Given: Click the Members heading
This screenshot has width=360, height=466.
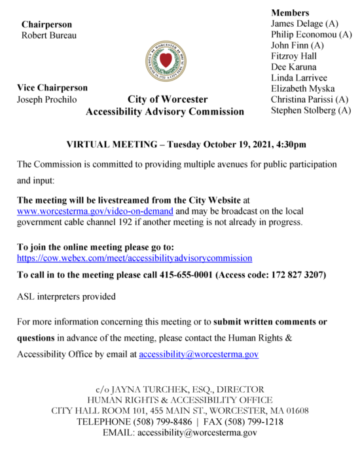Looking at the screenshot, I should click(290, 12).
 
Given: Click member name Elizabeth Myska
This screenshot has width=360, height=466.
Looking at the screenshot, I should click(303, 89).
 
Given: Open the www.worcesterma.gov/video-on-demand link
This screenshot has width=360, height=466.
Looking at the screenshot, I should click(95, 211).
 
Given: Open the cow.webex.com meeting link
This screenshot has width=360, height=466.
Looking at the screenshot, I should click(134, 259).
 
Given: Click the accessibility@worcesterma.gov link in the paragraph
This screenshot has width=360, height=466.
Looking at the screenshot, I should click(198, 354).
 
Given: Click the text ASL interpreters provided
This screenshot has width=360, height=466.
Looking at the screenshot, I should click(66, 296).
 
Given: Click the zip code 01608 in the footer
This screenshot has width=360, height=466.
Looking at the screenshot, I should click(295, 411).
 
